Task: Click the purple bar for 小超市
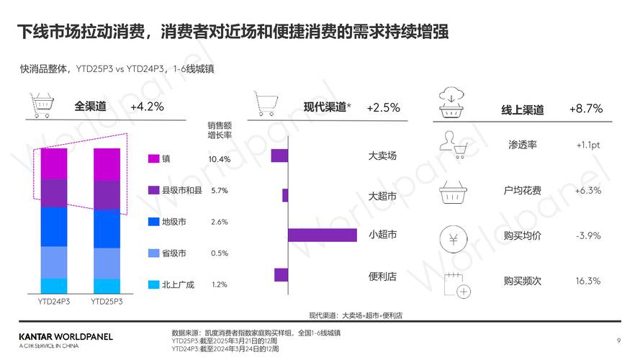coord(322,235)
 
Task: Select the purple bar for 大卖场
coord(279,156)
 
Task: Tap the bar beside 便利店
coord(281,274)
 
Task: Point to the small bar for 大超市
coord(285,195)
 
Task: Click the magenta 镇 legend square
coord(153,158)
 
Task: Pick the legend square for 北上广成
coord(153,284)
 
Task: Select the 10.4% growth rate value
coord(220,158)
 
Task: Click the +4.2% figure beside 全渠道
coord(147,107)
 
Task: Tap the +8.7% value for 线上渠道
coord(585,109)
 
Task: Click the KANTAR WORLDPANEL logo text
coord(66,336)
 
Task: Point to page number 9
coord(618,340)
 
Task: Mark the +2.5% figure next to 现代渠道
coord(383,107)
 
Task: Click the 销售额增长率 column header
coord(220,130)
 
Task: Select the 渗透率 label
coord(522,145)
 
